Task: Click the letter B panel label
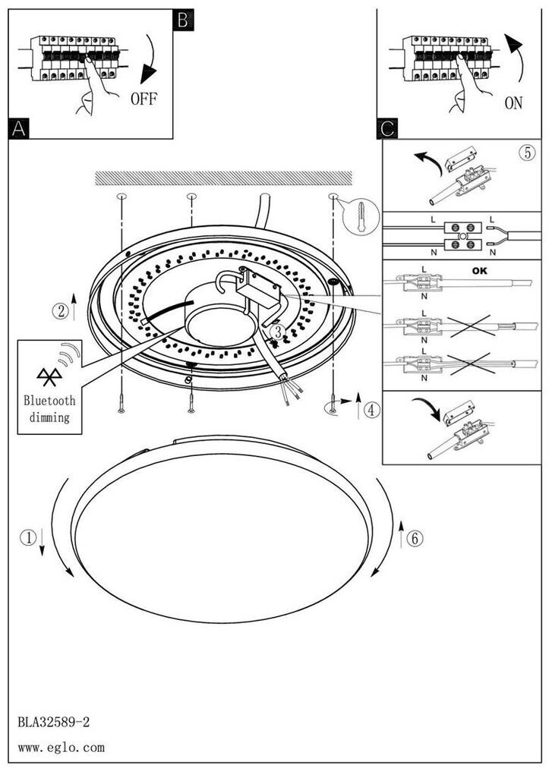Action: [183, 19]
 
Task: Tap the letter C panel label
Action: [386, 129]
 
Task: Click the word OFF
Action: [144, 99]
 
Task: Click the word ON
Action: [513, 102]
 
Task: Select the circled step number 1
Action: [27, 538]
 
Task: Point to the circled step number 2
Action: [61, 310]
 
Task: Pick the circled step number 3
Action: [278, 332]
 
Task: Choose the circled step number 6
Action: [415, 538]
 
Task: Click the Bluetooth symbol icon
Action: [45, 373]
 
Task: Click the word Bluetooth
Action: [49, 400]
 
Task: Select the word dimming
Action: [49, 417]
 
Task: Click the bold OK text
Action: [481, 269]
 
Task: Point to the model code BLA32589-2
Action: [53, 720]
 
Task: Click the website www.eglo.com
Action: [61, 748]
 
